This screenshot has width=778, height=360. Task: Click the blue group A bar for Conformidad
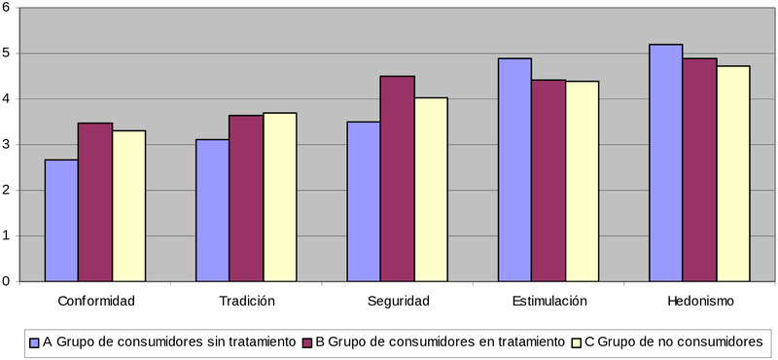click(61, 220)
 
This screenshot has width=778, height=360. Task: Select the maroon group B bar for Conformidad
click(95, 202)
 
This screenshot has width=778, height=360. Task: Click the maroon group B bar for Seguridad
click(397, 178)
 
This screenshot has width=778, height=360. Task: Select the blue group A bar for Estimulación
click(514, 169)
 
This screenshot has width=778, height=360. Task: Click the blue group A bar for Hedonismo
click(665, 162)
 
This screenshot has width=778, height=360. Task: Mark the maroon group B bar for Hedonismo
click(699, 169)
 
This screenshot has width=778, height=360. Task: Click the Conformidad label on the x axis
click(95, 301)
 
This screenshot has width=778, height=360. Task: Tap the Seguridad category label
click(398, 301)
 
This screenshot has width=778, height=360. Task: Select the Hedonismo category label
click(700, 301)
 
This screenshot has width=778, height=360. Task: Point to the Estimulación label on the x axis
click(549, 301)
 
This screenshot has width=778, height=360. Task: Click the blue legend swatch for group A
click(35, 342)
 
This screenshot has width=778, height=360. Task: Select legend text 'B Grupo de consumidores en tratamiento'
click(439, 342)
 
